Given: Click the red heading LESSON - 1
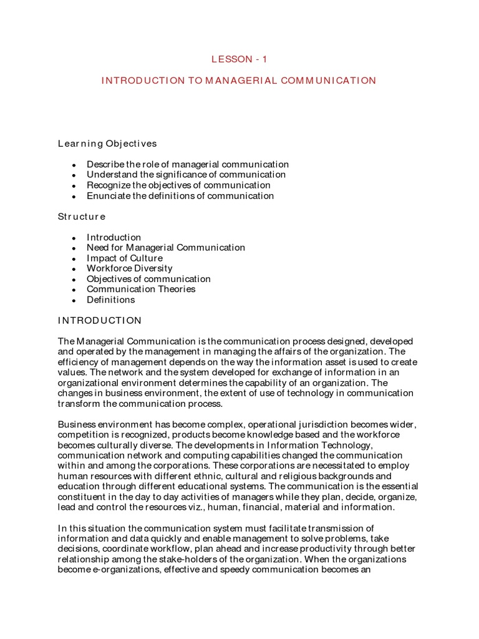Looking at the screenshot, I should pyautogui.click(x=239, y=59).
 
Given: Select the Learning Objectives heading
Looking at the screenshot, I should pyautogui.click(x=107, y=144).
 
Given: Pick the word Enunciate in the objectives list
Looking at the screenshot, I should pyautogui.click(x=108, y=196).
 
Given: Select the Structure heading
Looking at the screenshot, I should pyautogui.click(x=82, y=217).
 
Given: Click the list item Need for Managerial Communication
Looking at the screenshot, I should pyautogui.click(x=165, y=248).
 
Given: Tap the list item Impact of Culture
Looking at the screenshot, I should pyautogui.click(x=124, y=258).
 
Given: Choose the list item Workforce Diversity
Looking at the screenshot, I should pyautogui.click(x=129, y=268).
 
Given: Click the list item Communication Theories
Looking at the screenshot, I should pyautogui.click(x=140, y=290).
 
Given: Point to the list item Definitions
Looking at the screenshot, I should pyautogui.click(x=110, y=300).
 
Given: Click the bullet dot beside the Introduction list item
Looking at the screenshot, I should pyautogui.click(x=74, y=238).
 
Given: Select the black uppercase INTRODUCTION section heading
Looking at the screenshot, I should pyautogui.click(x=100, y=321).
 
